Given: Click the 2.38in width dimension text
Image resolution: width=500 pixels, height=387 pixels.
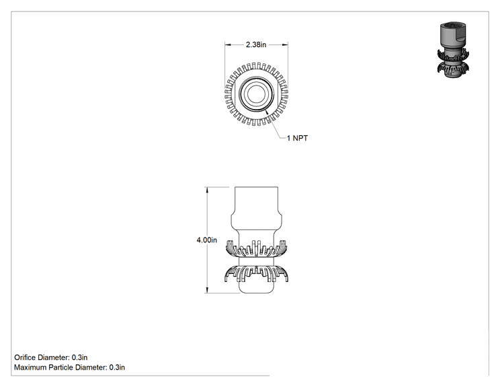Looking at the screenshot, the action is (x=256, y=44).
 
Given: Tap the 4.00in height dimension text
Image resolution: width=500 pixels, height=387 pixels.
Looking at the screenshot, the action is (x=206, y=240).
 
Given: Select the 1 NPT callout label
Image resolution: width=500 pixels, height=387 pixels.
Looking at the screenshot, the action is (x=297, y=138).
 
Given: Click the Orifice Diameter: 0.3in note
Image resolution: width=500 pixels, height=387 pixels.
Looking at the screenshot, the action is (x=50, y=357).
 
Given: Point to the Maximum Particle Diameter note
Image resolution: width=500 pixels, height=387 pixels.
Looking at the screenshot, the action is (x=69, y=367).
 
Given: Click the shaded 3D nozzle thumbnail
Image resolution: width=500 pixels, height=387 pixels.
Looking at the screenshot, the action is (x=453, y=50).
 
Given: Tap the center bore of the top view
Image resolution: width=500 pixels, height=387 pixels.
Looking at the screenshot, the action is (x=256, y=94).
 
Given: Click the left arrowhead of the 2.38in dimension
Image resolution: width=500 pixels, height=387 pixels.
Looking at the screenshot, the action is (x=227, y=44).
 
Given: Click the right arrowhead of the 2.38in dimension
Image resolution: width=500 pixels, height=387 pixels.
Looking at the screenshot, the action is (x=285, y=44).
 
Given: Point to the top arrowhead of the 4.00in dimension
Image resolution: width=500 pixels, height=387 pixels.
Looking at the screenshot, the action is (x=207, y=190).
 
